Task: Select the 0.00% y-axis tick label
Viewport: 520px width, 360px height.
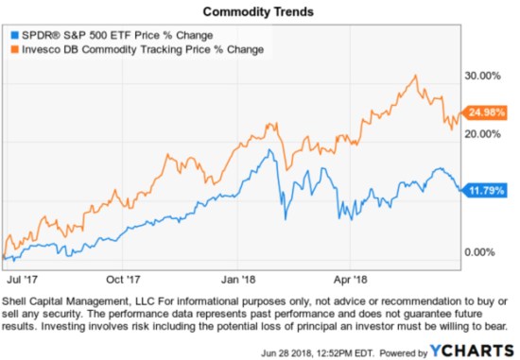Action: [x=484, y=251]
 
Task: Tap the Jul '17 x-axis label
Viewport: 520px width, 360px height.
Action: [x=22, y=280]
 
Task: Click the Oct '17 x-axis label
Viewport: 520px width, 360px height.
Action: [x=123, y=280]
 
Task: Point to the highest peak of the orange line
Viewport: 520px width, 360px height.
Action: [x=415, y=75]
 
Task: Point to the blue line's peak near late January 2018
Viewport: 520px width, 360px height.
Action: [x=271, y=149]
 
